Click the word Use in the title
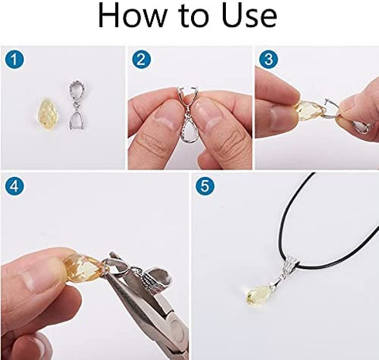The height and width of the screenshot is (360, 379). [249, 15]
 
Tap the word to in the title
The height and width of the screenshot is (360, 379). [193, 16]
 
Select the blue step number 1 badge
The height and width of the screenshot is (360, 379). [15, 59]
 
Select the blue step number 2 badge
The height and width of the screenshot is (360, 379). [142, 59]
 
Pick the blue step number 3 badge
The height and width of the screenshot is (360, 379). [268, 59]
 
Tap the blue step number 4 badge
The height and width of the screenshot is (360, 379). [15, 186]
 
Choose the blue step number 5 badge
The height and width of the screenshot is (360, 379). [205, 186]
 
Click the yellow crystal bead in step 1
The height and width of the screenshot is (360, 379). [47, 114]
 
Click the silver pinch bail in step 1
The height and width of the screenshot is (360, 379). [77, 105]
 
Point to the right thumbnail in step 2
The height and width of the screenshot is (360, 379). [206, 115]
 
